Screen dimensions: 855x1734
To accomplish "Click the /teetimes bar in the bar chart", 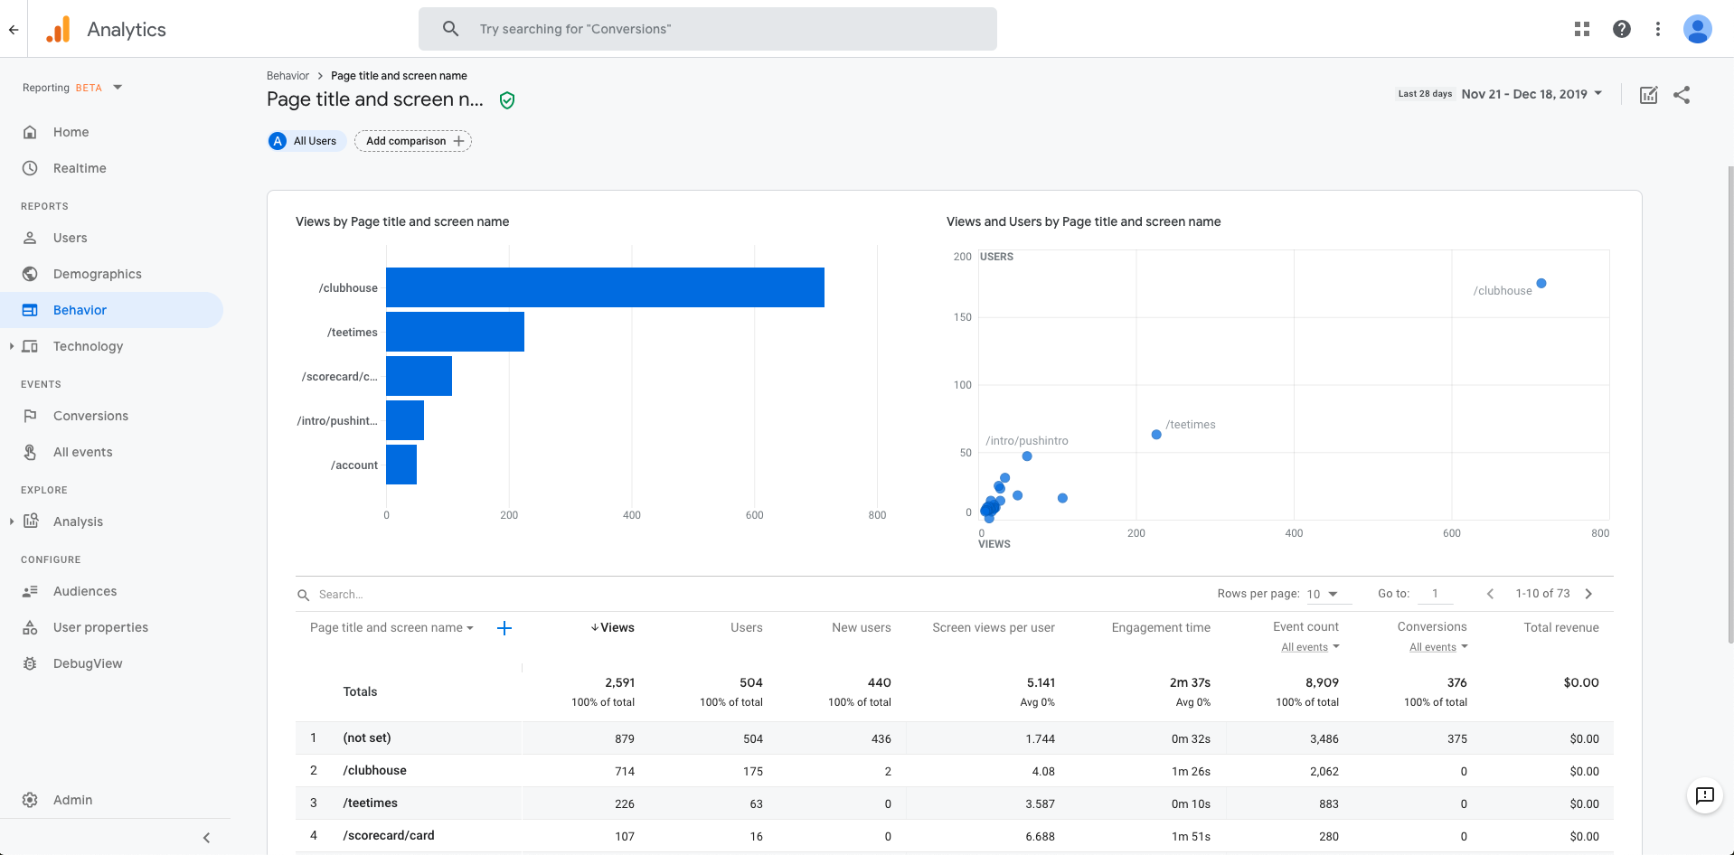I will point(455,332).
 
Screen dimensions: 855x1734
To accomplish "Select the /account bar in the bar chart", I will point(401,465).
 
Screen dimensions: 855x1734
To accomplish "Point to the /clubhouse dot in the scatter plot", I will point(1541,284).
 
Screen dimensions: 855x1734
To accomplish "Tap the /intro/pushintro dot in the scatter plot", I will point(1027,456).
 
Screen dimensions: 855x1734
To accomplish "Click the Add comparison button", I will point(413,141).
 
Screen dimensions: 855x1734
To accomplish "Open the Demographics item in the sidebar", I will point(97,274).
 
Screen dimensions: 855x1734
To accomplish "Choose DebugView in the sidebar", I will point(87,663).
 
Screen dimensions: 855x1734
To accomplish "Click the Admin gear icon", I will point(30,800).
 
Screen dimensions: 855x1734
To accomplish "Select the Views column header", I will point(617,627).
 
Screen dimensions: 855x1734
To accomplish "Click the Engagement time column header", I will point(1160,627).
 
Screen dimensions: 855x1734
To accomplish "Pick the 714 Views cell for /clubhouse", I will point(624,771).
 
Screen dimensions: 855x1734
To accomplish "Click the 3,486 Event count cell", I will point(1324,738).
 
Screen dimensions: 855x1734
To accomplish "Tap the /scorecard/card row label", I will point(389,835).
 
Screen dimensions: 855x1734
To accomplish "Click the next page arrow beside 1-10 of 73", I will point(1588,594).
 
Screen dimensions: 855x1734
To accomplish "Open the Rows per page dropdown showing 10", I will point(1322,594).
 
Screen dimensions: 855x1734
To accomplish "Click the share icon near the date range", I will point(1682,95).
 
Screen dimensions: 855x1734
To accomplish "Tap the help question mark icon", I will point(1622,29).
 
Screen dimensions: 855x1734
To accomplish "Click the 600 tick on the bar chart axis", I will point(754,515).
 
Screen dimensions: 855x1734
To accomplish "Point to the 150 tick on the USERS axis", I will point(962,317).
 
